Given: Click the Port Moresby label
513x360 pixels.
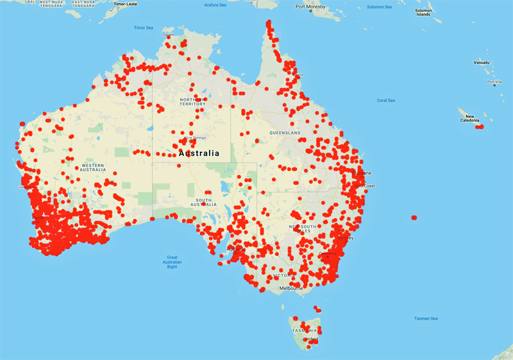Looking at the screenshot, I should [x=310, y=8].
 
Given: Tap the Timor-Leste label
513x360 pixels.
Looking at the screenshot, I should [x=126, y=4].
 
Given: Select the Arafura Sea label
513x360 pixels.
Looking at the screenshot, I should [x=216, y=5].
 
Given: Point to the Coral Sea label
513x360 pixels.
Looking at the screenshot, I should [x=386, y=100].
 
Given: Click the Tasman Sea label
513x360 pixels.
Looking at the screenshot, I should [x=426, y=318].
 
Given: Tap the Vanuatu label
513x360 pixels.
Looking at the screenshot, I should [x=482, y=63].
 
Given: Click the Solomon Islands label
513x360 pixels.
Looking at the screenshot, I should [x=423, y=12].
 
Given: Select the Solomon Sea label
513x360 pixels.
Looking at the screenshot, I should [x=379, y=7].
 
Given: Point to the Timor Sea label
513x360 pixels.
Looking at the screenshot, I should [x=144, y=28].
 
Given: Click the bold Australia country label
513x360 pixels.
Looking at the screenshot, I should [x=199, y=153].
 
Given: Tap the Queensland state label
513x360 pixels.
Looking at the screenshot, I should [x=285, y=133].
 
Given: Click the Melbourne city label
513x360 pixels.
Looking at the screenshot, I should [x=290, y=288].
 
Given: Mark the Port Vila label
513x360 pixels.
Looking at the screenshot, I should [x=494, y=81].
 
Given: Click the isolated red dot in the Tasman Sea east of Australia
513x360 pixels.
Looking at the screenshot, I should [x=414, y=218].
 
